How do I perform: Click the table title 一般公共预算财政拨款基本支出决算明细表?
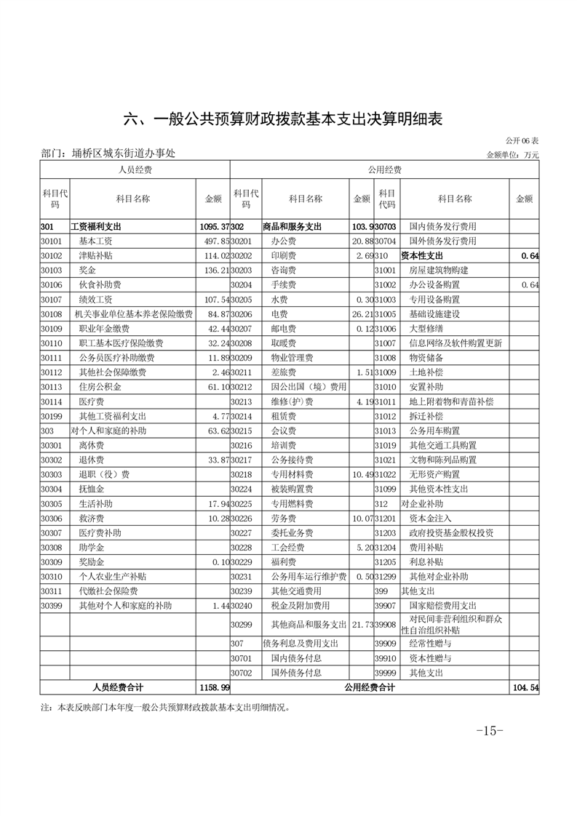coord(288,119)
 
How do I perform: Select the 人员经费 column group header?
coord(135,169)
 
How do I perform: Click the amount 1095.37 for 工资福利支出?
coord(214,227)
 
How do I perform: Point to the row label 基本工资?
coord(96,241)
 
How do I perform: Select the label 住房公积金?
coord(101,386)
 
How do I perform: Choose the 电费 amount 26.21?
coord(362,313)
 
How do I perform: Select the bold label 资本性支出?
coord(421,256)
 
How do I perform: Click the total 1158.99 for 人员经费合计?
coord(214,687)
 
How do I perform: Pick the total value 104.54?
coord(526,687)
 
